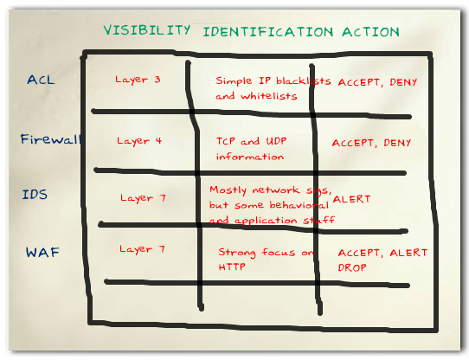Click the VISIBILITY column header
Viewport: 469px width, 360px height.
pos(147,29)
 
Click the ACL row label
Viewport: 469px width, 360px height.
pos(41,80)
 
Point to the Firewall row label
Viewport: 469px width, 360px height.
pos(48,138)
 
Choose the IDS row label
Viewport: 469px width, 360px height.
pos(34,195)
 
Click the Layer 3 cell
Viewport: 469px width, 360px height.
pos(138,80)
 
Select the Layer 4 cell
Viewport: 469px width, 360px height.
pos(139,139)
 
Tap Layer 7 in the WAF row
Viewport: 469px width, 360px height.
pos(141,249)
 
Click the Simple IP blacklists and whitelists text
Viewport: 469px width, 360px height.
pos(273,88)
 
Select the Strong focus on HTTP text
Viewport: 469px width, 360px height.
pos(267,260)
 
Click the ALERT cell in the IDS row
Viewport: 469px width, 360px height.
pos(351,199)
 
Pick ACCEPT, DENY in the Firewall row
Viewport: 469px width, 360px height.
pos(372,143)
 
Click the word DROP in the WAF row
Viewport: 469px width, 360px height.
pos(352,268)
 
